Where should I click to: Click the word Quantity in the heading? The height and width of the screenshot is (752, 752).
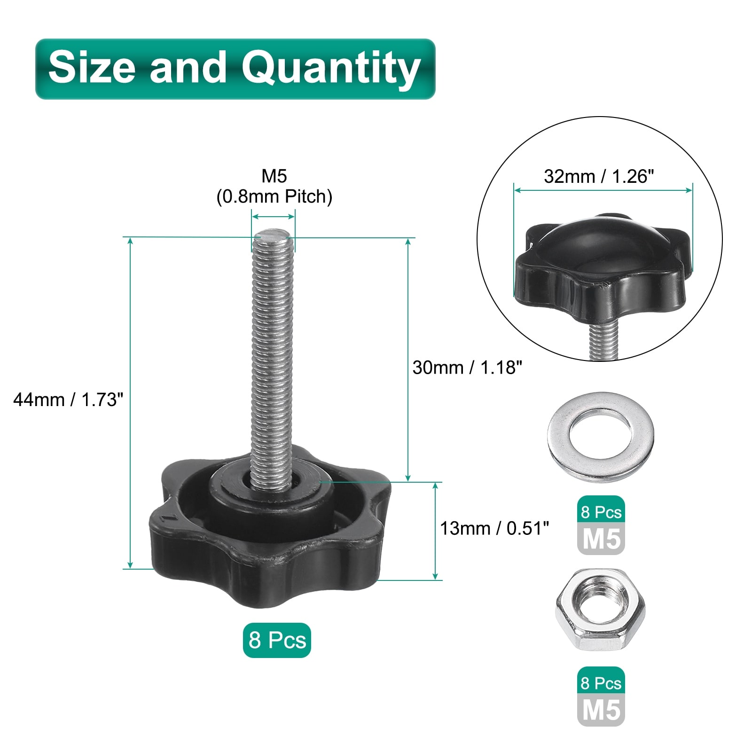coord(331,69)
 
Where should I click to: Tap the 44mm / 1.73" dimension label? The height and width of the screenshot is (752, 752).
coord(69,399)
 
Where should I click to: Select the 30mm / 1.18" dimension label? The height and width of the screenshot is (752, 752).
coord(467,367)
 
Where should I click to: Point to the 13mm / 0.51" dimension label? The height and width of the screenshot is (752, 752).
coord(494,528)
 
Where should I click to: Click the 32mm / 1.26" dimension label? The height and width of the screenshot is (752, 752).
coord(599,176)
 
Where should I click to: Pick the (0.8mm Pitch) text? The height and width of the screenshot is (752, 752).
coord(274,196)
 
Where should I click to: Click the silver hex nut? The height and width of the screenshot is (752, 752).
coord(600,610)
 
